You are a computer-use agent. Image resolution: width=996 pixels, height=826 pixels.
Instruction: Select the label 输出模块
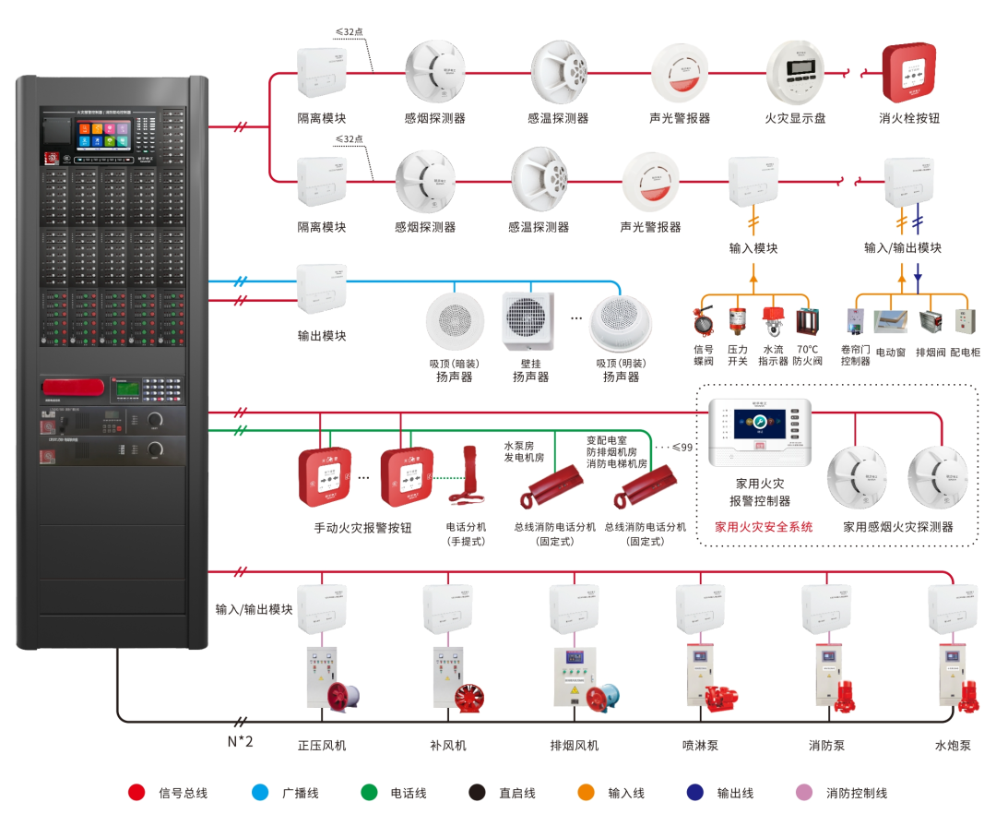coord(322,336)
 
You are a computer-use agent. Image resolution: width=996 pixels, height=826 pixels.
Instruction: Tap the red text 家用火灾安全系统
coord(764,527)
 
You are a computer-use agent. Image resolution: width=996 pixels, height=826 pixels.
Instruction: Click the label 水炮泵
coord(952,745)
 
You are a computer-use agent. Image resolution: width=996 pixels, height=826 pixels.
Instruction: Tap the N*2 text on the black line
coord(240,741)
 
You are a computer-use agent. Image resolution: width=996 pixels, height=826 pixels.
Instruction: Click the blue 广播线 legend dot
coord(260,792)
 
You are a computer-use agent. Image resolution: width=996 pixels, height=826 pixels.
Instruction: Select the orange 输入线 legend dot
coord(586,792)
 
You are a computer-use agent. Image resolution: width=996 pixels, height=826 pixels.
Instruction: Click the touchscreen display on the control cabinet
coord(101,133)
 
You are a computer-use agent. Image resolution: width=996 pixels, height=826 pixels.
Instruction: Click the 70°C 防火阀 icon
coord(807,320)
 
